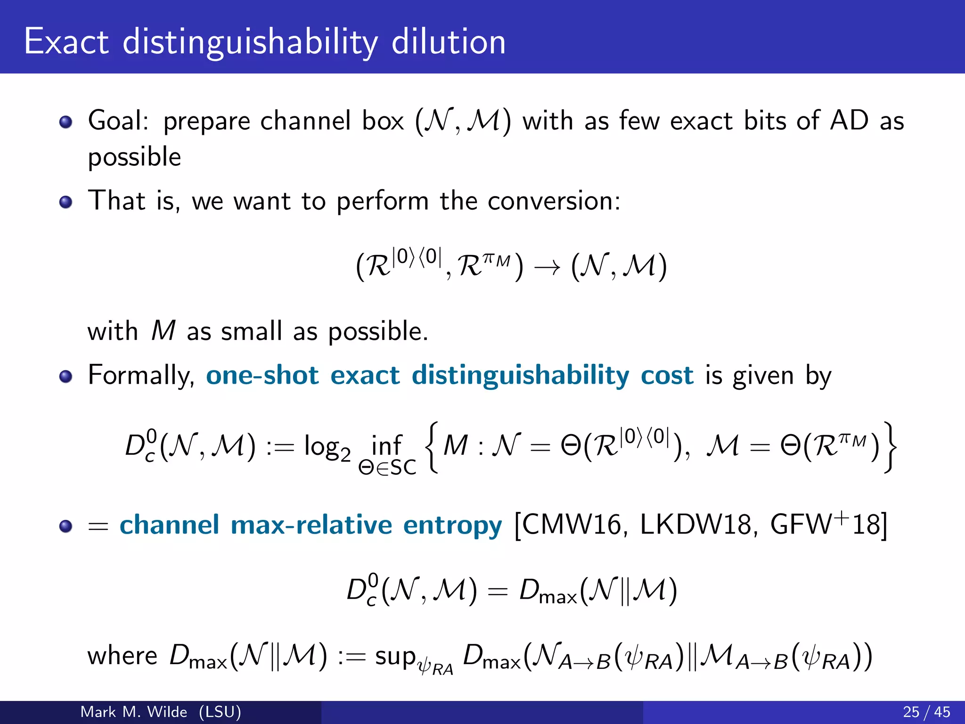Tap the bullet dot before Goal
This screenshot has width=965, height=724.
click(66, 122)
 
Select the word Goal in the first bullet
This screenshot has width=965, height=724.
click(118, 121)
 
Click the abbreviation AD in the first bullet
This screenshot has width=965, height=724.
click(849, 121)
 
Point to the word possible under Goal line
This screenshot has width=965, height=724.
click(134, 157)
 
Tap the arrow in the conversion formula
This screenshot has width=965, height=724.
click(547, 268)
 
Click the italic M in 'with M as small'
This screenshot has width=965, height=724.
click(163, 331)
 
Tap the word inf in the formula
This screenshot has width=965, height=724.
click(386, 445)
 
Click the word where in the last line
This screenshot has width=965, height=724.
click(123, 656)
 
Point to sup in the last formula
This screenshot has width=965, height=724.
click(395, 656)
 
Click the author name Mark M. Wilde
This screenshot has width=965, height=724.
click(134, 712)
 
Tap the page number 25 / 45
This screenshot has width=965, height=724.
click(926, 712)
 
